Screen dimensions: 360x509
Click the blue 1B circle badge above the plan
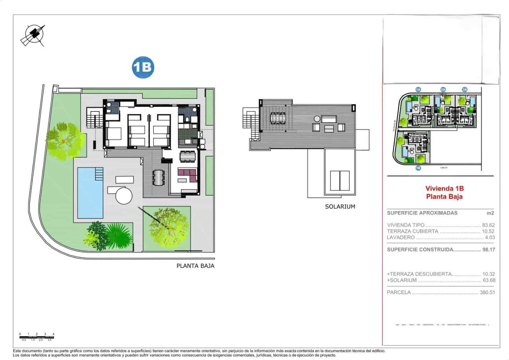coord(143,67)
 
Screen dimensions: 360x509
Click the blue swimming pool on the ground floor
coord(90,193)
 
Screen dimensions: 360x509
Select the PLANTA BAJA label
coord(195,266)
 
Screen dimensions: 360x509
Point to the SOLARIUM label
coord(340,207)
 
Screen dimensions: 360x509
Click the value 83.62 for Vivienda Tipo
coord(488,225)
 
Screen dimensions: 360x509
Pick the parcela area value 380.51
coord(487,292)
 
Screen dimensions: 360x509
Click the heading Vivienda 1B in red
coord(444,189)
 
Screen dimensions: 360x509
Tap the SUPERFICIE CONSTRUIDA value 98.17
coord(488,250)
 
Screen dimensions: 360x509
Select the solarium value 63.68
coord(489,280)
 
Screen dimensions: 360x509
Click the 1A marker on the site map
coord(418,90)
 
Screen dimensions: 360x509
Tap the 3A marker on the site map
coord(465,90)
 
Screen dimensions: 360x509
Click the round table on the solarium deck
coord(317,118)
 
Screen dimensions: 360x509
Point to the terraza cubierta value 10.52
coord(488,231)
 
